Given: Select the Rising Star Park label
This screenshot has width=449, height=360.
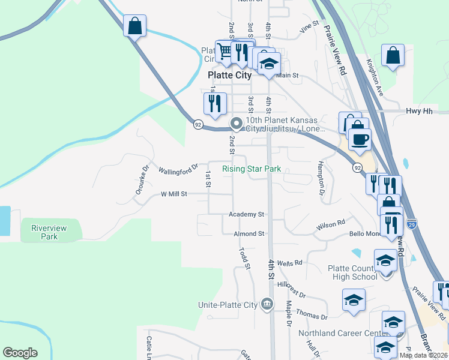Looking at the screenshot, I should pyautogui.click(x=252, y=169).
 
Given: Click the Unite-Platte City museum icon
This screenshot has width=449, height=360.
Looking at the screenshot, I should pyautogui.click(x=268, y=305).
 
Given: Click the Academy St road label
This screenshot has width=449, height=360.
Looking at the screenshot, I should pyautogui.click(x=246, y=214).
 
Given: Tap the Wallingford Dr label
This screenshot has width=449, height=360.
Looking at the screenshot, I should pyautogui.click(x=178, y=170).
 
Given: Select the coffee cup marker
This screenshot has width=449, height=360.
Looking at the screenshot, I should pyautogui.click(x=360, y=140).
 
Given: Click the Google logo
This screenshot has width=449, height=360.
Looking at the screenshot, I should pyautogui.click(x=20, y=353).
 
